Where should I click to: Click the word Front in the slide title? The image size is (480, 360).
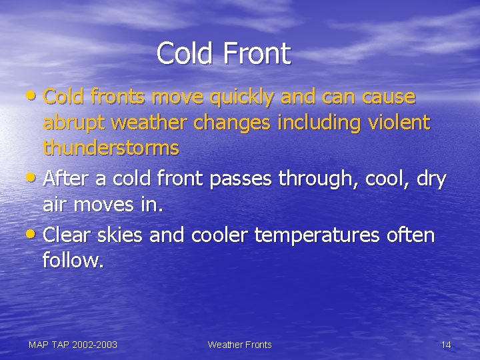[257, 54]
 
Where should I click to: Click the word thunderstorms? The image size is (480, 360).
[111, 147]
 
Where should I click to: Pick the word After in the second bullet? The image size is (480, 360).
[69, 180]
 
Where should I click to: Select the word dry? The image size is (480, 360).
[431, 181]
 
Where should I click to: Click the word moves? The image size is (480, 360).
[111, 205]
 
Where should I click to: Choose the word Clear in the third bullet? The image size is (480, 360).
[70, 235]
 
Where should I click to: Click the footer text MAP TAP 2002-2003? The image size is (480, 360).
[73, 345]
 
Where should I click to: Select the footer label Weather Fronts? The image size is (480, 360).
[239, 345]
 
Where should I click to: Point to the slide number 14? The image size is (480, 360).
[446, 345]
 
